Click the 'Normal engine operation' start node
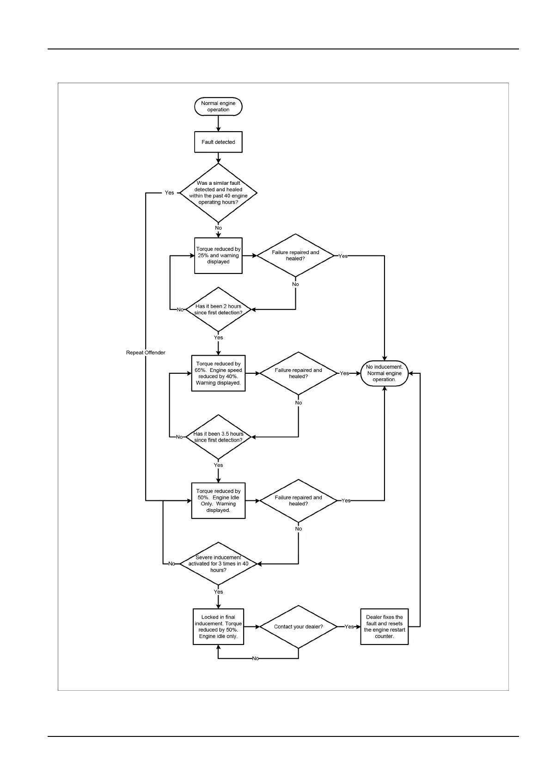click(218, 107)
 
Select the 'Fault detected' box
click(218, 142)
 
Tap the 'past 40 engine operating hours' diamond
click(218, 193)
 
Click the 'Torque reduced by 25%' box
click(218, 255)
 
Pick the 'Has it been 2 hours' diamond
click(218, 310)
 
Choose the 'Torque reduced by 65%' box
click(218, 373)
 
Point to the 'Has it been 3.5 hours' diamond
click(218, 437)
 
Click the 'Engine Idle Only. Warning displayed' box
click(218, 501)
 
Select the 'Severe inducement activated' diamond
click(218, 564)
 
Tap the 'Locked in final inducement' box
click(218, 627)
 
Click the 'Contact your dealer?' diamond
click(299, 627)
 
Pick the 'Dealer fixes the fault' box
click(384, 627)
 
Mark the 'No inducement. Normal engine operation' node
click(384, 373)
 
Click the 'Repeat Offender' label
click(146, 353)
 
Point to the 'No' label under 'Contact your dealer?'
click(256, 658)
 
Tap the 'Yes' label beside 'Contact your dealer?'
click(349, 627)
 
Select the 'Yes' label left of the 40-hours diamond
click(170, 193)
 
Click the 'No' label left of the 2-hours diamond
click(180, 310)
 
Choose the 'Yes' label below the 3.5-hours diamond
click(218, 465)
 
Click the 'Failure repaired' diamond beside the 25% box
click(295, 255)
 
